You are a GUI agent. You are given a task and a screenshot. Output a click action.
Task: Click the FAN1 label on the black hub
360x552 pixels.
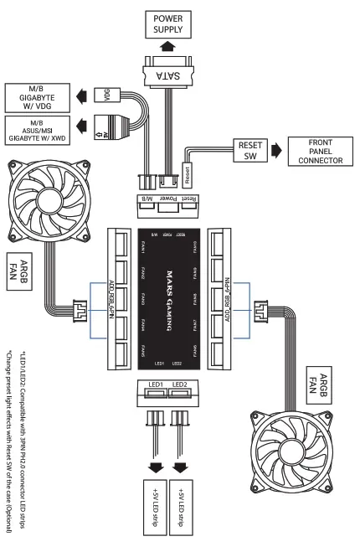pos(143,244)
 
